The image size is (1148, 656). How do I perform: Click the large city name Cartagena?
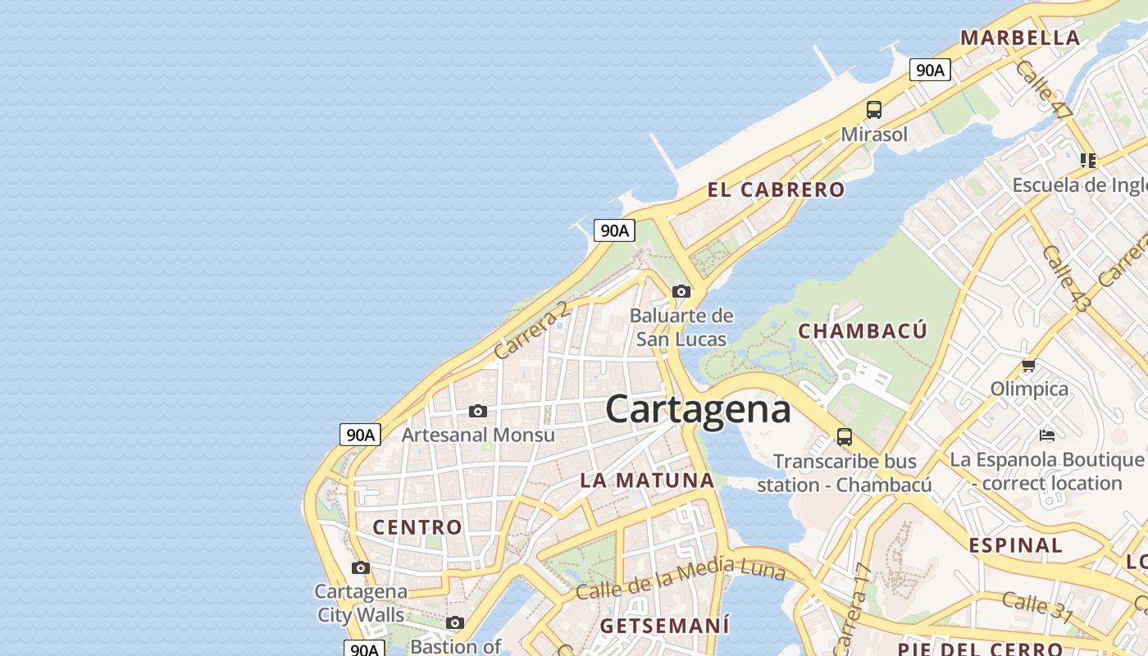pyautogui.click(x=698, y=409)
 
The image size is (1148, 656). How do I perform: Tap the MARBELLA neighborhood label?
pyautogui.click(x=1020, y=38)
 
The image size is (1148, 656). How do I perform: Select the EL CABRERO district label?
pyautogui.click(x=776, y=189)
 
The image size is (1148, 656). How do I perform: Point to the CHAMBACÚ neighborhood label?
pyautogui.click(x=863, y=331)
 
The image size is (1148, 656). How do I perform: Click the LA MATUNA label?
pyautogui.click(x=647, y=481)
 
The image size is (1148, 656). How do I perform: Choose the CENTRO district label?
pyautogui.click(x=417, y=527)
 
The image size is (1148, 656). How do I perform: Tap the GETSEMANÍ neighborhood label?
pyautogui.click(x=664, y=626)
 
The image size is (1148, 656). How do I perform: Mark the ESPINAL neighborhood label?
pyautogui.click(x=1015, y=545)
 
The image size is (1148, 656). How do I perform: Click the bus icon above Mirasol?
pyautogui.click(x=874, y=109)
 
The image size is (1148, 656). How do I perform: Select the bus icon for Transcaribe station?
pyautogui.click(x=845, y=436)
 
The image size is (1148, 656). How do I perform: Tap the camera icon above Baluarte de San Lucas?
pyautogui.click(x=681, y=291)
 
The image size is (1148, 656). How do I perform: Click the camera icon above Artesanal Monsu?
pyautogui.click(x=478, y=411)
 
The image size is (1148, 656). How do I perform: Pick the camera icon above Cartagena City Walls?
pyautogui.click(x=360, y=567)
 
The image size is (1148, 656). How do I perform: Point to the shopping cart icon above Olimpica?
pyautogui.click(x=1029, y=365)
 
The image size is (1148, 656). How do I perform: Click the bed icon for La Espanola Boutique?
pyautogui.click(x=1047, y=435)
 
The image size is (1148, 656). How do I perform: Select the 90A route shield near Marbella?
pyautogui.click(x=930, y=71)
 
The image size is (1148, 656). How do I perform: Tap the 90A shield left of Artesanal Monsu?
pyautogui.click(x=360, y=435)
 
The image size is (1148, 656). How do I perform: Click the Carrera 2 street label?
pyautogui.click(x=531, y=329)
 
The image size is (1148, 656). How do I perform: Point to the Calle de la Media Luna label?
pyautogui.click(x=680, y=578)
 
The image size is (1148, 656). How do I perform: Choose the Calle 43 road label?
pyautogui.click(x=1067, y=279)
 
